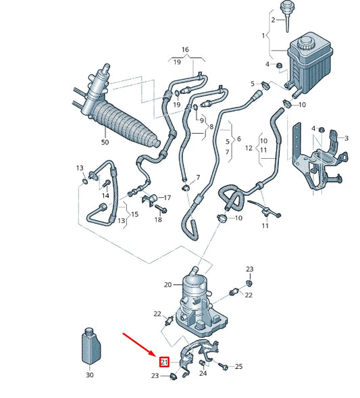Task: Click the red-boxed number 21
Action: click(164, 362)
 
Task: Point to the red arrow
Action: click(139, 345)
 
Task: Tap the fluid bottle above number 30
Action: click(91, 346)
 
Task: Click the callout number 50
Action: click(105, 142)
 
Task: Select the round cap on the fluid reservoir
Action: click(305, 43)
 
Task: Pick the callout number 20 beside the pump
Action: click(168, 284)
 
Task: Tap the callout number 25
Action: click(238, 366)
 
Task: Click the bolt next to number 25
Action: click(222, 366)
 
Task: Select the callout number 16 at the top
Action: click(185, 49)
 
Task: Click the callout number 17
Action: click(168, 197)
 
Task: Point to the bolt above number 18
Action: click(160, 209)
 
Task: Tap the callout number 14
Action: click(105, 195)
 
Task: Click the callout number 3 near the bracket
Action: click(346, 138)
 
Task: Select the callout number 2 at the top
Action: click(273, 20)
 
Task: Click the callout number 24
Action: click(203, 373)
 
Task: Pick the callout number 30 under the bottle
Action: click(90, 374)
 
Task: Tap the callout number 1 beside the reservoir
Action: click(263, 36)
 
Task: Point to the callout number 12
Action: click(249, 148)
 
